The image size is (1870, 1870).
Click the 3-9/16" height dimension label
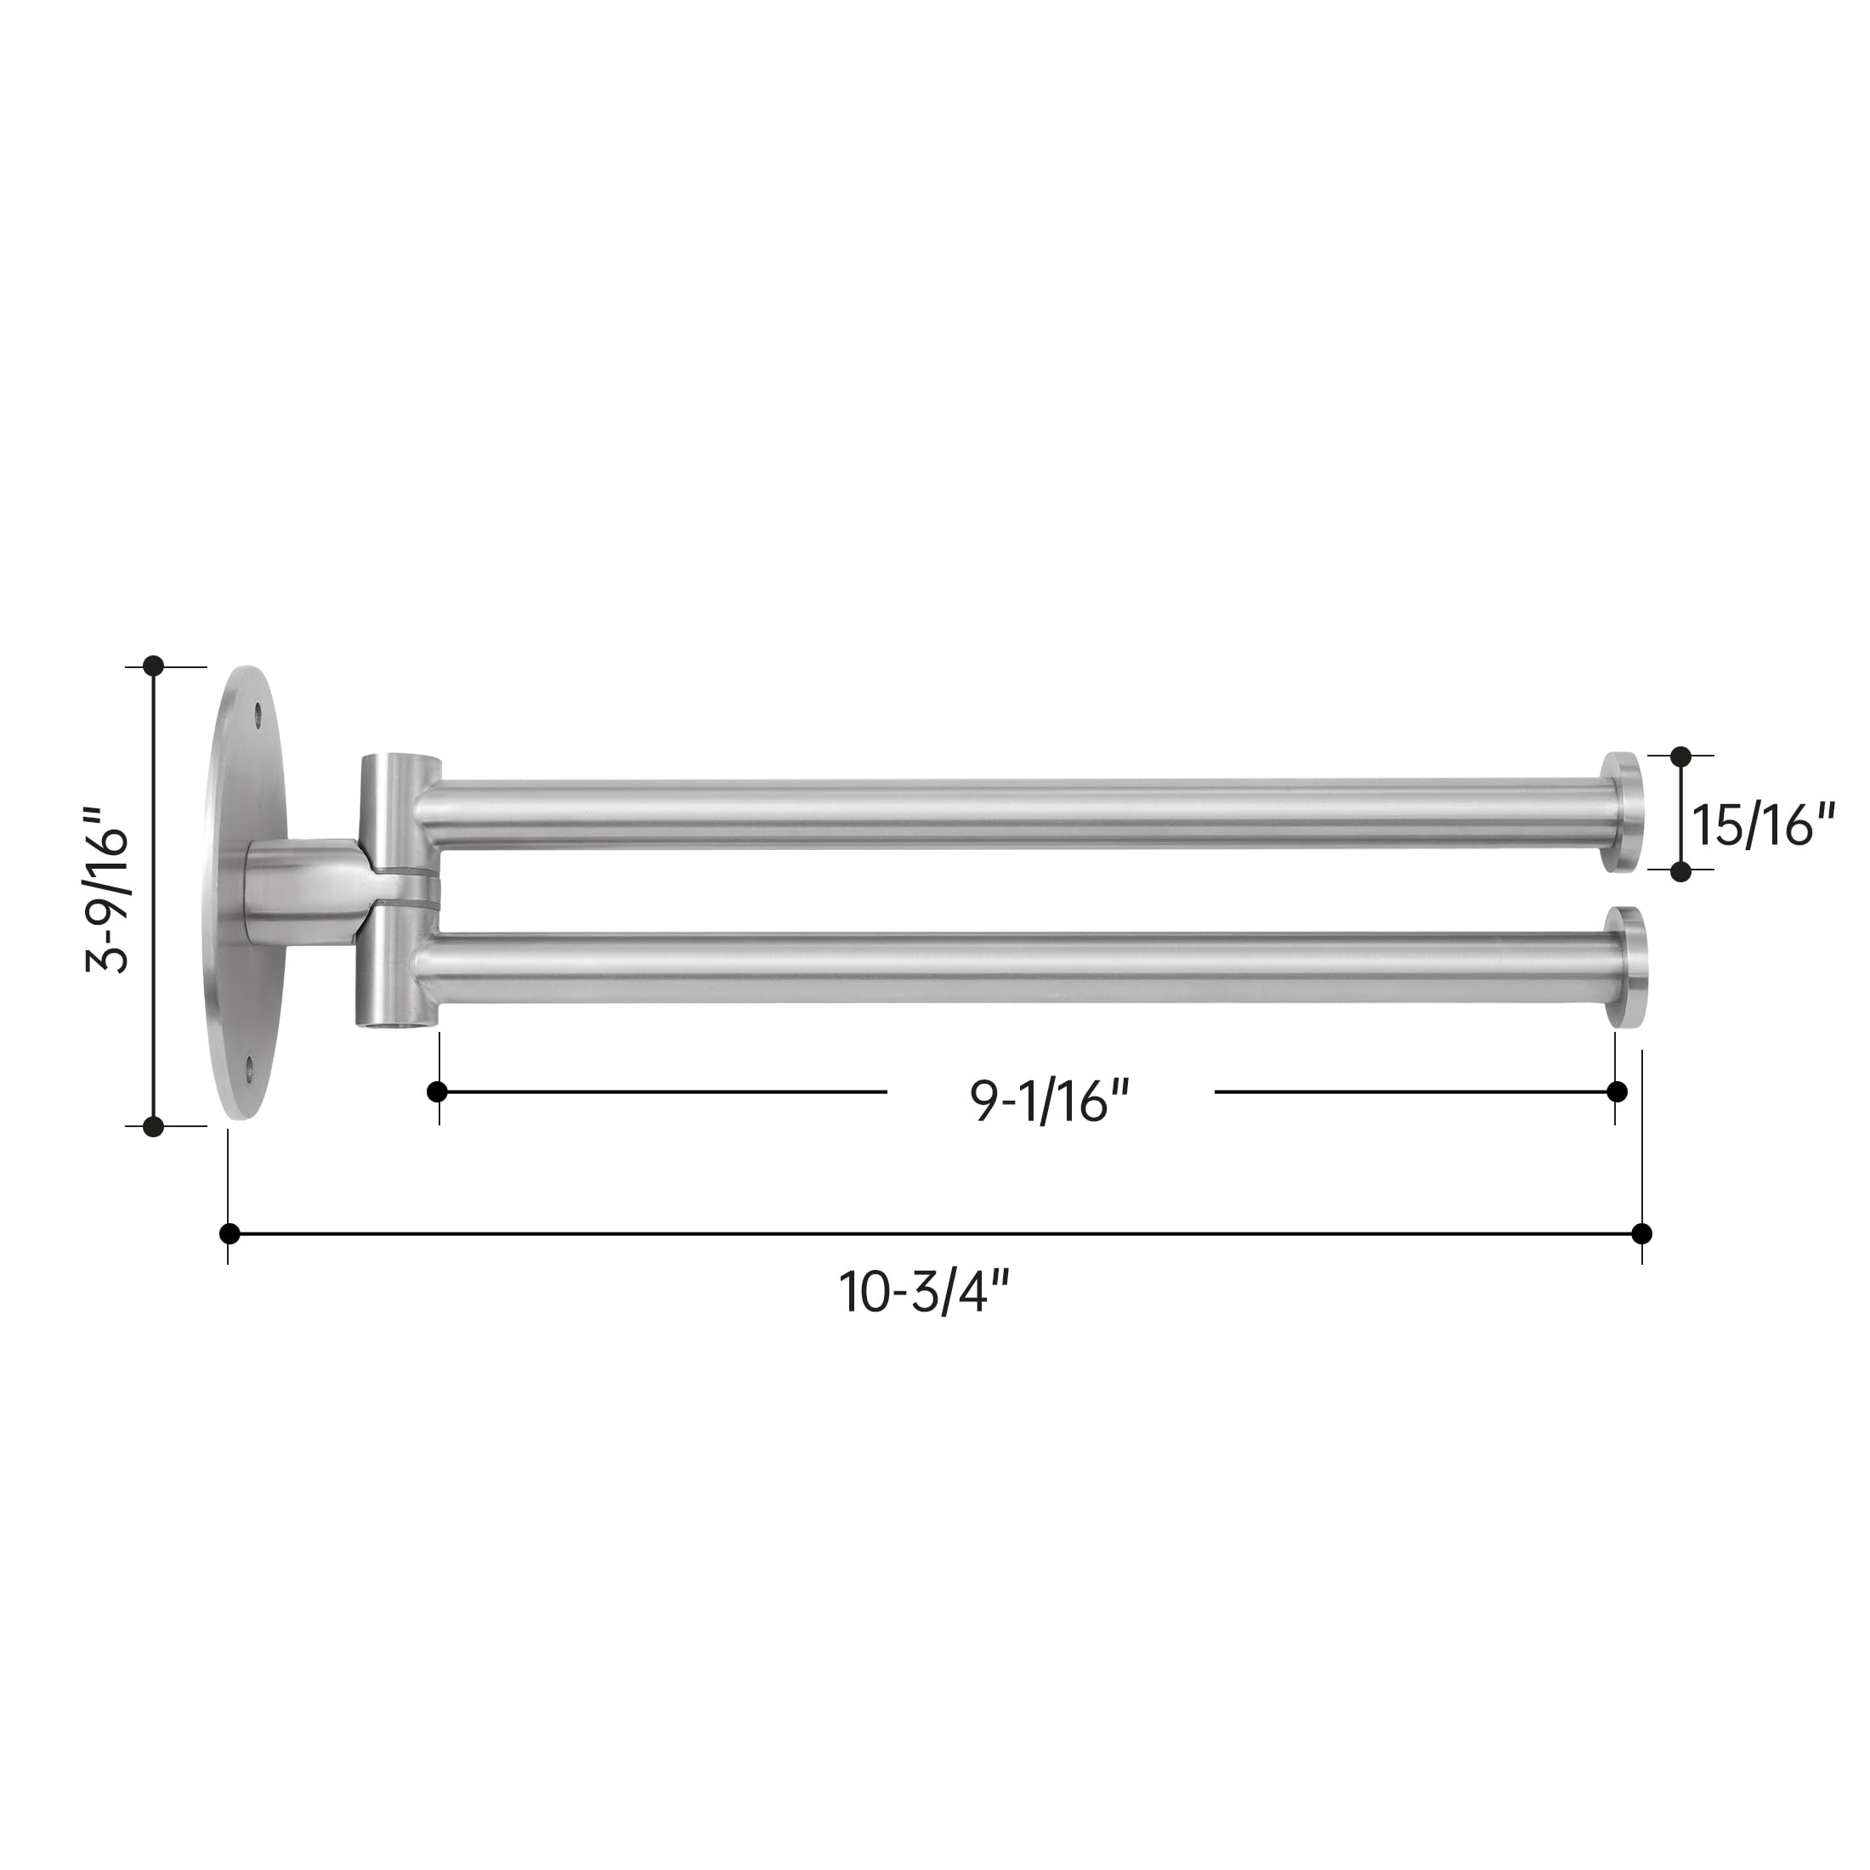point(106,888)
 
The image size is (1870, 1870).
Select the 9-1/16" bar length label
point(1051,1101)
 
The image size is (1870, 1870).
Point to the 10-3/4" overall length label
point(924,1291)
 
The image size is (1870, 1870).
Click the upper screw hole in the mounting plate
point(258,717)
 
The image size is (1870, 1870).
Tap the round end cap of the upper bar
point(1621,812)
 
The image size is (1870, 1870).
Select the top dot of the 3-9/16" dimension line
point(153,666)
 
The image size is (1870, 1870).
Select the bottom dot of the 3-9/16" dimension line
point(153,1125)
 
